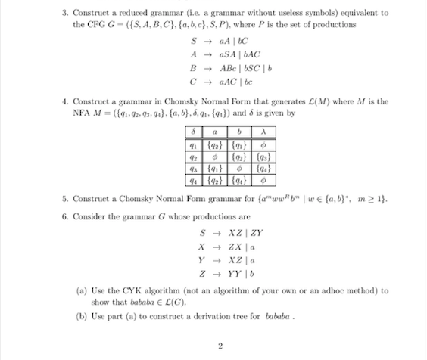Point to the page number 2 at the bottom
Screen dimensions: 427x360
pos(220,347)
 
